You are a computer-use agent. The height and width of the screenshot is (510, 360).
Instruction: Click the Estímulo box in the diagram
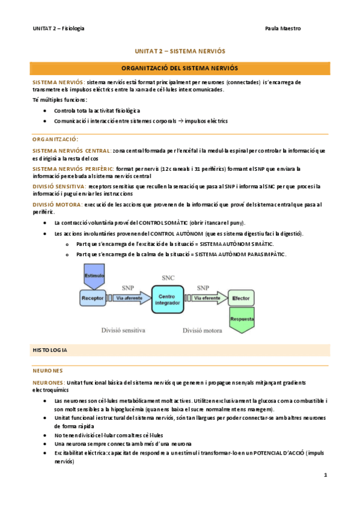click(x=94, y=276)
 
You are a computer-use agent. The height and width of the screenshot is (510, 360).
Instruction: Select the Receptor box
click(x=94, y=298)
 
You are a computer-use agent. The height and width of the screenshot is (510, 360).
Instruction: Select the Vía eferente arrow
click(x=207, y=298)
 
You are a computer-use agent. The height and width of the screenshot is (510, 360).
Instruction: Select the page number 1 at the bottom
click(x=325, y=475)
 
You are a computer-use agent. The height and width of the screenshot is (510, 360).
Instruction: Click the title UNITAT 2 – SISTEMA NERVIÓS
click(x=180, y=52)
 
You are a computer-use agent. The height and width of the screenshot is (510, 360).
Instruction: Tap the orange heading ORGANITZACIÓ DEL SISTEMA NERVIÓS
click(x=180, y=69)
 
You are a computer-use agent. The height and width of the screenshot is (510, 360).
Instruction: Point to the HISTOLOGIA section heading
click(x=50, y=349)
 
